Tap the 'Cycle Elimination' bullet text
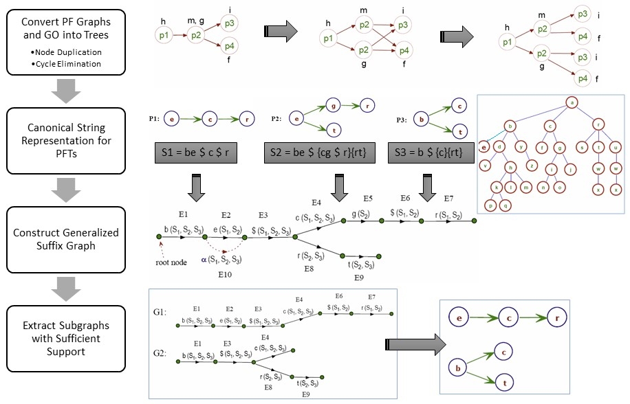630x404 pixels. click(x=67, y=63)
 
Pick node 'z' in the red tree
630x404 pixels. click(x=532, y=165)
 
